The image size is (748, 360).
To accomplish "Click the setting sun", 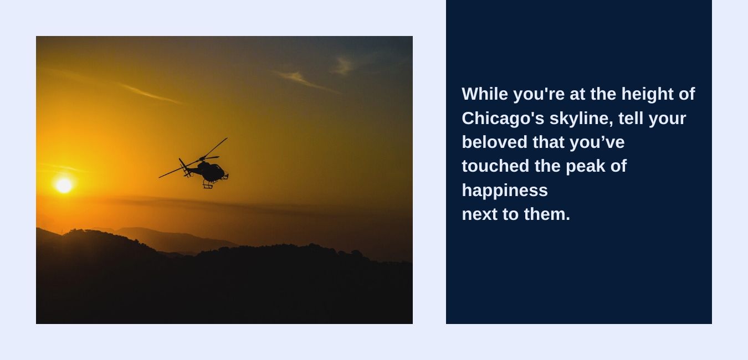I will (64, 185).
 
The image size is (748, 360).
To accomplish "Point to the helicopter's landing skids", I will (208, 184).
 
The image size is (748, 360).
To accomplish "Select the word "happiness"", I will (505, 191).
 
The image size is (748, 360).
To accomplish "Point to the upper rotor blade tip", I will (226, 138).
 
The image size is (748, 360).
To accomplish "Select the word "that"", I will (549, 142).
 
